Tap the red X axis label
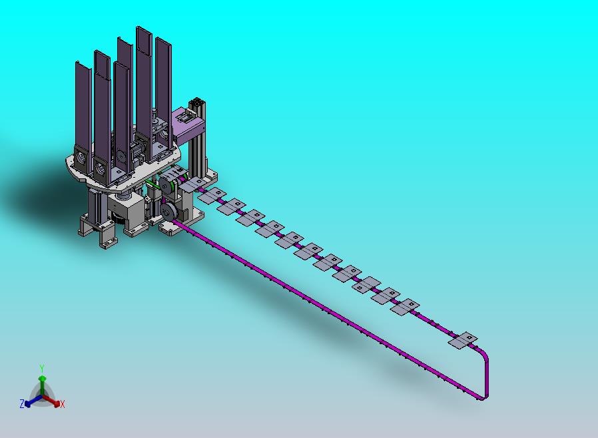point(63,405)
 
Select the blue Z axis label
point(22,403)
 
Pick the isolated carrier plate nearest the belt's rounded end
point(463,340)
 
